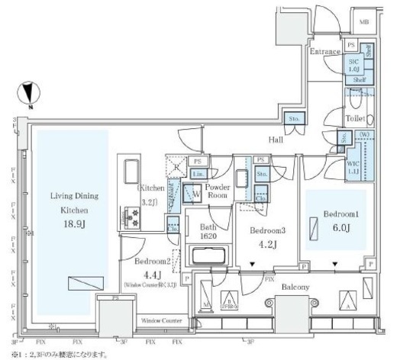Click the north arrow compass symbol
click(x=30, y=95)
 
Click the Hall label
click(x=276, y=140)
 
